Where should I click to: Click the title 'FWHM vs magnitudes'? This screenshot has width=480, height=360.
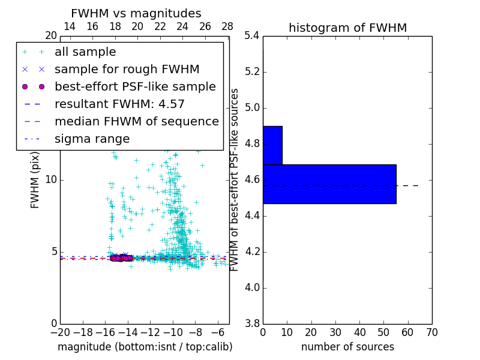(136, 13)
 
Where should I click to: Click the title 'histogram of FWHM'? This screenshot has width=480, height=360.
(347, 28)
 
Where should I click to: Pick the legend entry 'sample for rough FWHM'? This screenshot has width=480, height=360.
(127, 70)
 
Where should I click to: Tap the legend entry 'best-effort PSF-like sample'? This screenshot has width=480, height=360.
(135, 86)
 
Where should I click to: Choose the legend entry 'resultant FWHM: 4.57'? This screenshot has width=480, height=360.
(119, 104)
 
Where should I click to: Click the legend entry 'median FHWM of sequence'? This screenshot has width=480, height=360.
(136, 121)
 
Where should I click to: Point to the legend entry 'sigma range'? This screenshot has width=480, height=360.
(92, 139)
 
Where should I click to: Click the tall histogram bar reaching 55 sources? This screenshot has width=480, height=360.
(329, 184)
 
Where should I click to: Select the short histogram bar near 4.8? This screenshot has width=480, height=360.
(272, 145)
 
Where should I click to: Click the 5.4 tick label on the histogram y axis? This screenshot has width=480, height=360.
(252, 36)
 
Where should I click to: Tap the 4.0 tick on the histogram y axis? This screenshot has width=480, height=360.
(252, 287)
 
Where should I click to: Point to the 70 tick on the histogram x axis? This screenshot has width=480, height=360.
(431, 332)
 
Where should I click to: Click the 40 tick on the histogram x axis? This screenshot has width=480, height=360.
(359, 332)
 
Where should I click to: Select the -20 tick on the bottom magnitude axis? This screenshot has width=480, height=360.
(60, 332)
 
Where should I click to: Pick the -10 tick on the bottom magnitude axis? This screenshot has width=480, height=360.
(172, 332)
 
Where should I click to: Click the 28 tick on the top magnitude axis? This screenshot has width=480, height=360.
(227, 26)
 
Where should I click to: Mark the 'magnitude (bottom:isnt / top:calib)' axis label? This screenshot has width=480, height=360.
(145, 347)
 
